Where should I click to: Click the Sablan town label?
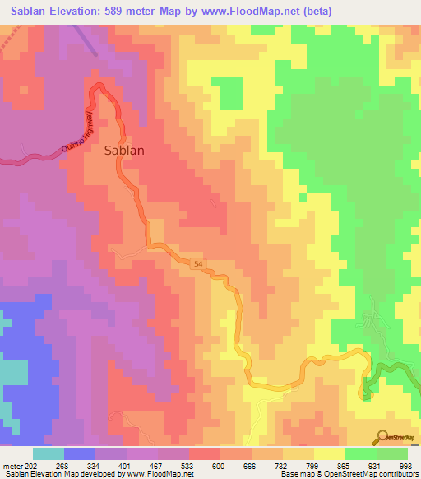coord(125,151)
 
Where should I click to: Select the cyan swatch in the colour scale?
coord(49,453)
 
